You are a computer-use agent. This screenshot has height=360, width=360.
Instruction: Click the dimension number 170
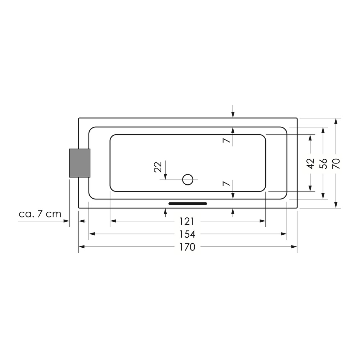point(187,247)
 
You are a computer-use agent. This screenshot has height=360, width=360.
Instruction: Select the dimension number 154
point(187,234)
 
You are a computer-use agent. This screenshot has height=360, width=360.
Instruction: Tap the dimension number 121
point(187,221)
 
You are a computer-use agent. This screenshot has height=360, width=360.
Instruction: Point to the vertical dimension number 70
point(336,164)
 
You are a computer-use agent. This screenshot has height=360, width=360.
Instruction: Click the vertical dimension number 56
point(323,164)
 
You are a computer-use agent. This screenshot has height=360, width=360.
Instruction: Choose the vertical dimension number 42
point(310,164)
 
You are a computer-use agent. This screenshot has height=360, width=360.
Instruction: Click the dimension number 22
point(158,167)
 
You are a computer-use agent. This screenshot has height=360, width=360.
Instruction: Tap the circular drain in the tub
point(188,180)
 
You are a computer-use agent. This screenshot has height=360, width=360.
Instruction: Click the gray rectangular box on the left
point(80,163)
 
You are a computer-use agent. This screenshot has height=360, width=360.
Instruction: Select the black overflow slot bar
point(188,204)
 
